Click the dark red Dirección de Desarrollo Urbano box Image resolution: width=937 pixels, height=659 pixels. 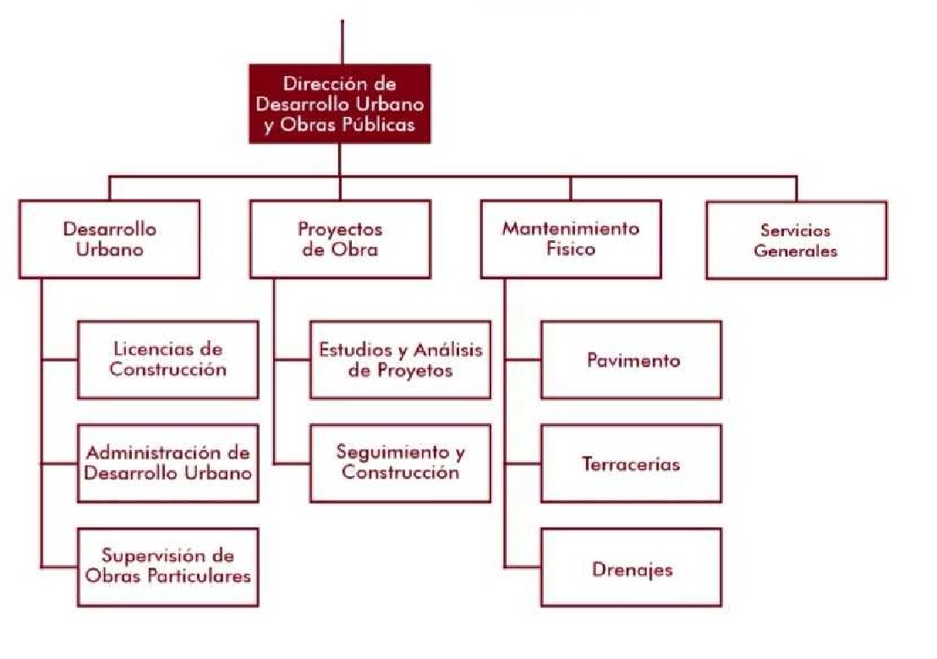pyautogui.click(x=339, y=104)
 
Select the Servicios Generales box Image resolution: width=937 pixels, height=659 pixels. pyautogui.click(x=796, y=240)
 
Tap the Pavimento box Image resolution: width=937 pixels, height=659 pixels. pyautogui.click(x=632, y=360)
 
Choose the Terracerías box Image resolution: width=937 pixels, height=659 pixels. pyautogui.click(x=632, y=464)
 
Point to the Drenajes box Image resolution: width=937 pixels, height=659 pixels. pyautogui.click(x=632, y=568)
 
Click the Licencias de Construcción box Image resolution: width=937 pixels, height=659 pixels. pyautogui.click(x=167, y=360)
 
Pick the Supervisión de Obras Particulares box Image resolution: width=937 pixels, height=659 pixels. pyautogui.click(x=167, y=567)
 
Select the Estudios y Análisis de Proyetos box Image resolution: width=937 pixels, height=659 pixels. pyautogui.click(x=400, y=360)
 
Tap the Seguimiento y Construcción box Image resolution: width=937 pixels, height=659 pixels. pyautogui.click(x=400, y=463)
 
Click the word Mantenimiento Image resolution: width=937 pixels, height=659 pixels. pyautogui.click(x=571, y=229)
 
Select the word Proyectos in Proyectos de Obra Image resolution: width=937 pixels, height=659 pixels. pyautogui.click(x=340, y=229)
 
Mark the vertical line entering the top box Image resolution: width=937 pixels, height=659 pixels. pyautogui.click(x=342, y=42)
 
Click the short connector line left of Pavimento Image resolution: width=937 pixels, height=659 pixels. pyautogui.click(x=523, y=360)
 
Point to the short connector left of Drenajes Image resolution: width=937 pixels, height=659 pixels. pyautogui.click(x=523, y=568)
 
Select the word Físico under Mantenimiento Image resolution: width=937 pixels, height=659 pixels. pyautogui.click(x=571, y=250)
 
